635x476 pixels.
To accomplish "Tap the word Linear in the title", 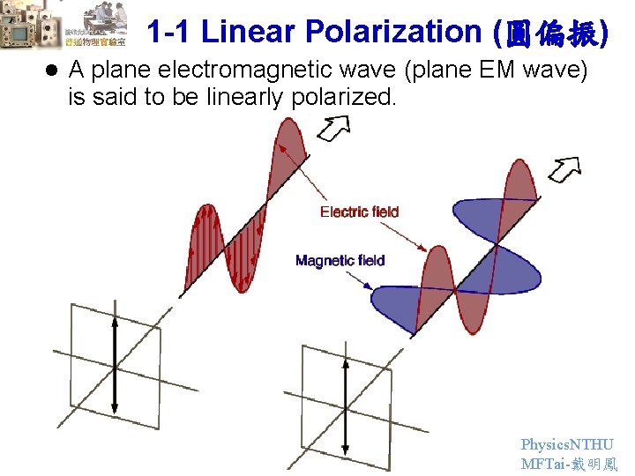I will [249, 32].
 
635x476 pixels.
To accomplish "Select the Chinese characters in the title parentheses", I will [553, 33].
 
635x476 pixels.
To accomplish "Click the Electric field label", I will [359, 212].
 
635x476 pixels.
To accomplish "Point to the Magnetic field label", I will [340, 260].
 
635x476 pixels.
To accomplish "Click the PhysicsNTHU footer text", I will [567, 445].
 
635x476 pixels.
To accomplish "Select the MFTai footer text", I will [569, 464].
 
